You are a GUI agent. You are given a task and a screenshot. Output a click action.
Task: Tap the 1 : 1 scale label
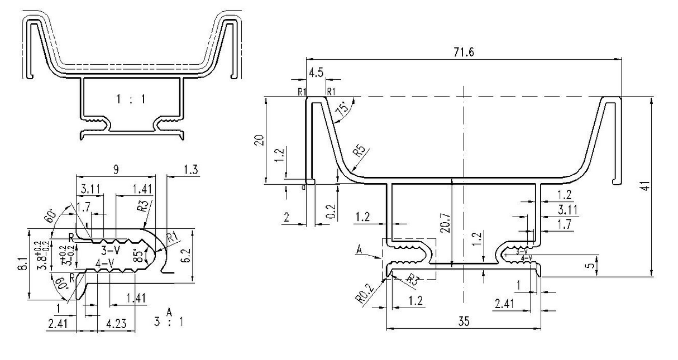pyautogui.click(x=130, y=100)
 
